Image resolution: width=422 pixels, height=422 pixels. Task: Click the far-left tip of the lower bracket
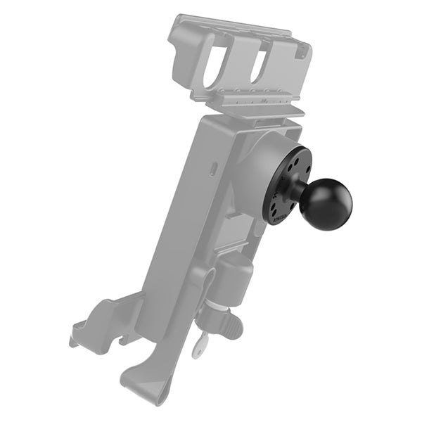(73, 342)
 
